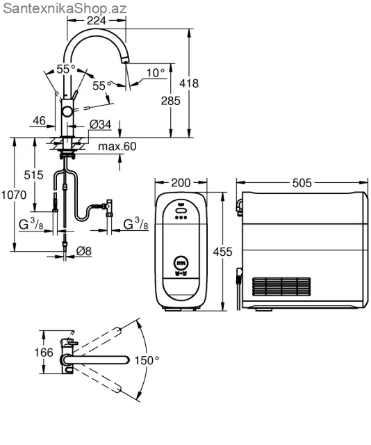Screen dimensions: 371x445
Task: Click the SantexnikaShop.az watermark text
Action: pos(65,8)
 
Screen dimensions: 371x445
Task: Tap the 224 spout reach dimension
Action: pos(96,20)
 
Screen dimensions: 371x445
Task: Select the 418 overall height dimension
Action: pos(189,83)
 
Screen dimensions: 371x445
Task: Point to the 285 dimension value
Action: pos(170,101)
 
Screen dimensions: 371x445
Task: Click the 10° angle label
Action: pos(156,72)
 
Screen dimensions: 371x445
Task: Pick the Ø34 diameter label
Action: pos(101,124)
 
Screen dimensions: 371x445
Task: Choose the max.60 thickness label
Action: pos(117,146)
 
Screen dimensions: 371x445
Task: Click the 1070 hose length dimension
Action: pos(14,195)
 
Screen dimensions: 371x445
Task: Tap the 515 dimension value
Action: pos(33,175)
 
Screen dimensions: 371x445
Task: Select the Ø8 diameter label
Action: pos(84,251)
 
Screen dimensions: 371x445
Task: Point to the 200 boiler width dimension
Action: pos(181,183)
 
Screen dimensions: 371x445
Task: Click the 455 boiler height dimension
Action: pos(222,252)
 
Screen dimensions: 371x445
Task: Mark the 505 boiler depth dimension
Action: pos(302,183)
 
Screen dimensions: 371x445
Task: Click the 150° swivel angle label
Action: pos(147,360)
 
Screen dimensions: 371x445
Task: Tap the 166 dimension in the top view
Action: pos(44,353)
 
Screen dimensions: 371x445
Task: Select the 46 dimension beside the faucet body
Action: pos(39,120)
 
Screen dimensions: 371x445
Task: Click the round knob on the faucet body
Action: pos(68,111)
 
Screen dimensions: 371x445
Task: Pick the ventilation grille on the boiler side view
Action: pos(281,286)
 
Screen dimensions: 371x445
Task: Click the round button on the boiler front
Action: pos(181,264)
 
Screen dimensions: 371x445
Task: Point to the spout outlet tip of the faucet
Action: pos(125,60)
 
